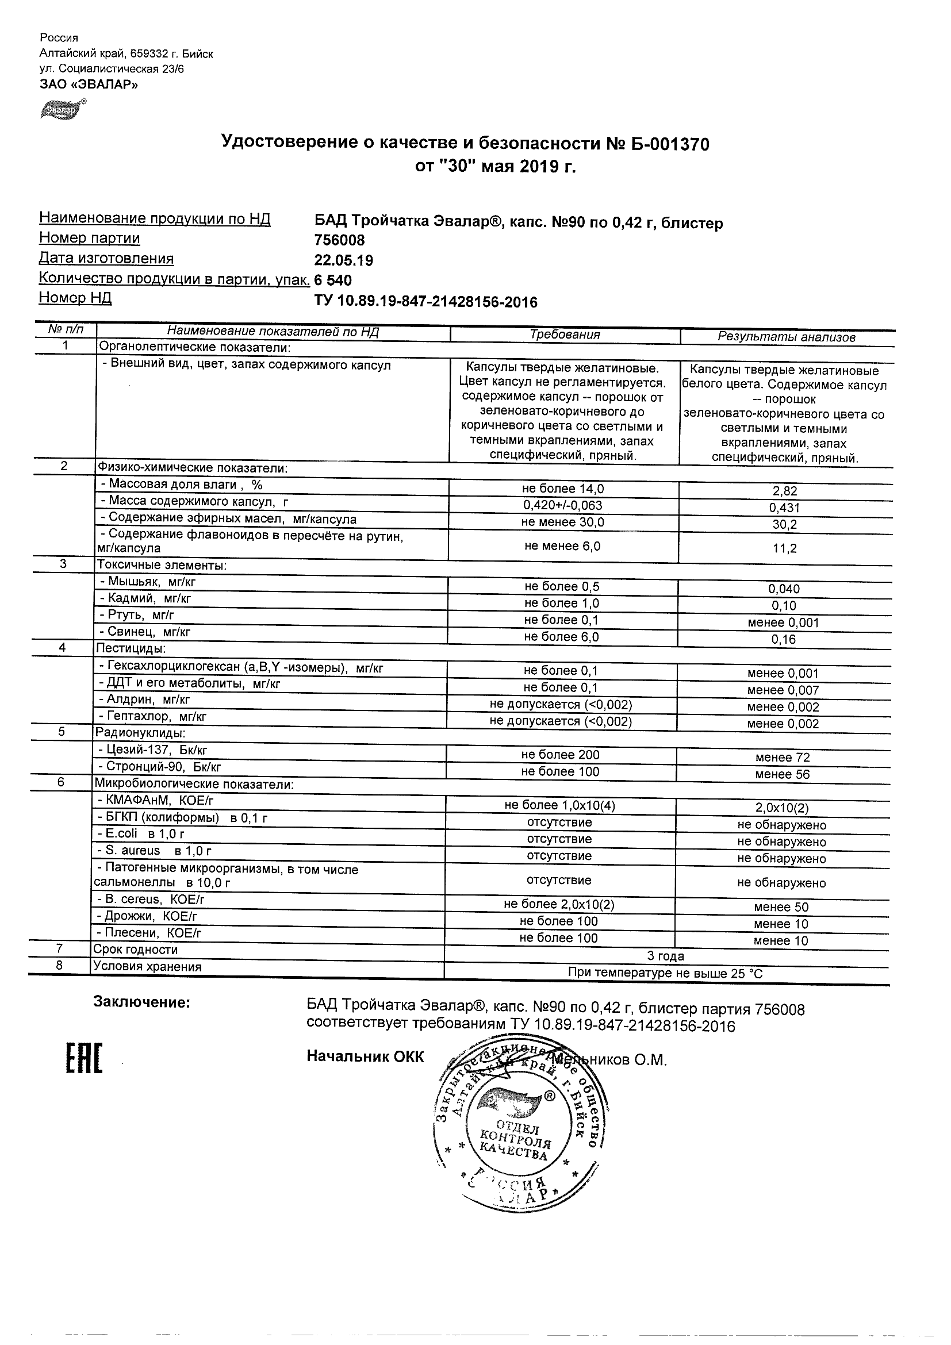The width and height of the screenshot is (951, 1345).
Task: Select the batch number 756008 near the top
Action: click(339, 240)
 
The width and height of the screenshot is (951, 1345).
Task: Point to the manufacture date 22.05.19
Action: click(343, 260)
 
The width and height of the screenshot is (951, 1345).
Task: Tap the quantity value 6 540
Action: click(333, 280)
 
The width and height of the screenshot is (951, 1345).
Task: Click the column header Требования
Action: click(565, 335)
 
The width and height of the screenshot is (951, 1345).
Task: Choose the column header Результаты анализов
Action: click(787, 337)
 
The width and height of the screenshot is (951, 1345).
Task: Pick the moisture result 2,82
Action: click(785, 491)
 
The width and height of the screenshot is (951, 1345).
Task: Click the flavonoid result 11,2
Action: click(785, 548)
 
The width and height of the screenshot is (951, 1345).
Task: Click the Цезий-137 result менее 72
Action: click(782, 758)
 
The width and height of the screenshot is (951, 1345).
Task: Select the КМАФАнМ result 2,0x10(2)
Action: click(781, 808)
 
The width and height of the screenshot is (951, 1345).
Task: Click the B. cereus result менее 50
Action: click(781, 908)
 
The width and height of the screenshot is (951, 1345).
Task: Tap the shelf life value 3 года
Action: click(666, 956)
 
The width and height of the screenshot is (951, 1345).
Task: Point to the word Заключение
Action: click(142, 1002)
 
